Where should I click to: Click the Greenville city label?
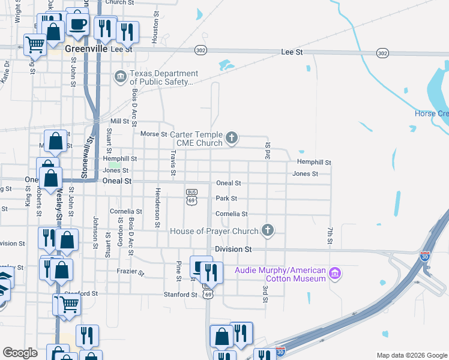click(86, 49)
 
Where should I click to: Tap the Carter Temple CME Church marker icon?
click(231, 139)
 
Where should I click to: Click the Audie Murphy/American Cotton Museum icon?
click(335, 274)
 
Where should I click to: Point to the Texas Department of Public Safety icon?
click(120, 76)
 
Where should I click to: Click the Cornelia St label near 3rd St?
click(231, 214)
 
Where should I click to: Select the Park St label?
click(226, 199)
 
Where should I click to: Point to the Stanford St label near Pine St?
click(181, 295)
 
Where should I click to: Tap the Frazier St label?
click(130, 272)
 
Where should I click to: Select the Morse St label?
click(153, 134)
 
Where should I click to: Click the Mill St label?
click(119, 121)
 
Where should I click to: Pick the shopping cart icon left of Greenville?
click(35, 44)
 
